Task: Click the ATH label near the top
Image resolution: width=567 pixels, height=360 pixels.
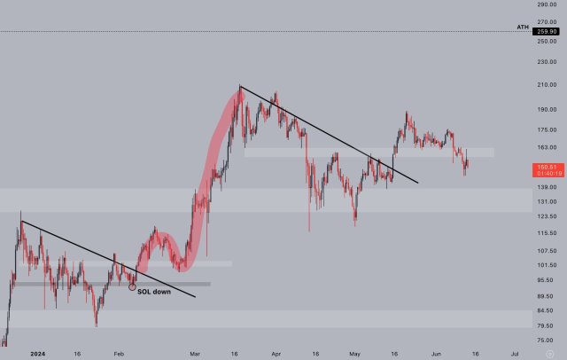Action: (523, 27)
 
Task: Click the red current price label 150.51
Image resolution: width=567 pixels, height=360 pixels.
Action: (545, 166)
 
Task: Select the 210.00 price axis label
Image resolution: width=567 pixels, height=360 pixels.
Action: (546, 85)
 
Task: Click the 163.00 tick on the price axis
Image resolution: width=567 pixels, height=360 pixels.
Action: (546, 147)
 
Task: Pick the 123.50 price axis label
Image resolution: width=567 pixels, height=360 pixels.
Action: (546, 216)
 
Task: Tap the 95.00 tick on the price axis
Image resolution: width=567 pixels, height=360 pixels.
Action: (546, 280)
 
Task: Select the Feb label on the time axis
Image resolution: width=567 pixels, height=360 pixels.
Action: (118, 352)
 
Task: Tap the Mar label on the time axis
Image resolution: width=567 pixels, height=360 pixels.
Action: (196, 352)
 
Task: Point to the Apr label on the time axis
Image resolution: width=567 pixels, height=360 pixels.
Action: (276, 352)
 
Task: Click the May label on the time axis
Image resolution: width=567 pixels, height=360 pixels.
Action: (354, 352)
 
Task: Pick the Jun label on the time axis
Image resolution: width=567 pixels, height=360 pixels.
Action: (436, 352)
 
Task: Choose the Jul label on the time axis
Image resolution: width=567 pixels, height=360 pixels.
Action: (514, 352)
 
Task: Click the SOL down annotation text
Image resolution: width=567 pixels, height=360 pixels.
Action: (155, 292)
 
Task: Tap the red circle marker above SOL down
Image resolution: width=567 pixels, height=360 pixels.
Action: (133, 286)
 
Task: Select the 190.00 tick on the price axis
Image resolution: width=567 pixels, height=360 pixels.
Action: (546, 110)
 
